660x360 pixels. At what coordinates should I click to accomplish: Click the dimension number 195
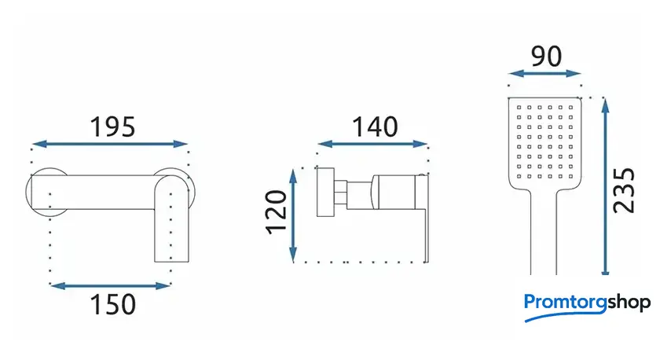click(x=113, y=127)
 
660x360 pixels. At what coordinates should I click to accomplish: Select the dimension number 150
click(x=113, y=304)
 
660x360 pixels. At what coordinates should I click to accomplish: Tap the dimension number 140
click(x=375, y=127)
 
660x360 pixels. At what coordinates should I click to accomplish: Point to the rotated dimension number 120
click(x=276, y=211)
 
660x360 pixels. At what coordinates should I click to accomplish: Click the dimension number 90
click(x=546, y=56)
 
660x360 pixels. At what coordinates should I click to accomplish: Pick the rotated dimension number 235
click(x=624, y=190)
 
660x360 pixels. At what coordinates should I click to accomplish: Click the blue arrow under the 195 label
click(x=110, y=144)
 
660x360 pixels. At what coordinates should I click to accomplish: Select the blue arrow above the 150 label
click(x=110, y=286)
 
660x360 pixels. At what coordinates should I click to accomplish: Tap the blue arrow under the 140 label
click(x=372, y=144)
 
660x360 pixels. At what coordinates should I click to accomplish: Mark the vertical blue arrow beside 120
click(x=293, y=215)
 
